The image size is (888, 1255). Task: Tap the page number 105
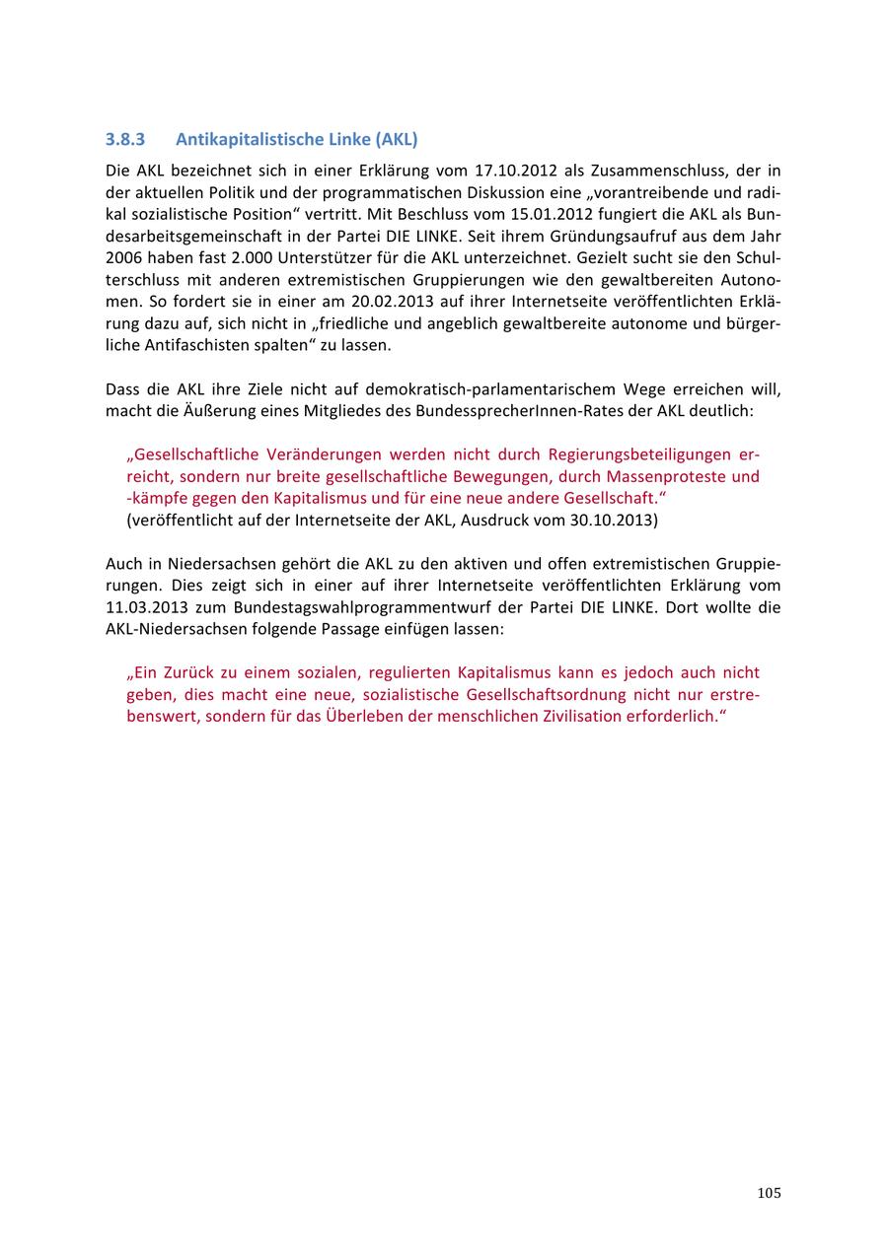[770, 1193]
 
